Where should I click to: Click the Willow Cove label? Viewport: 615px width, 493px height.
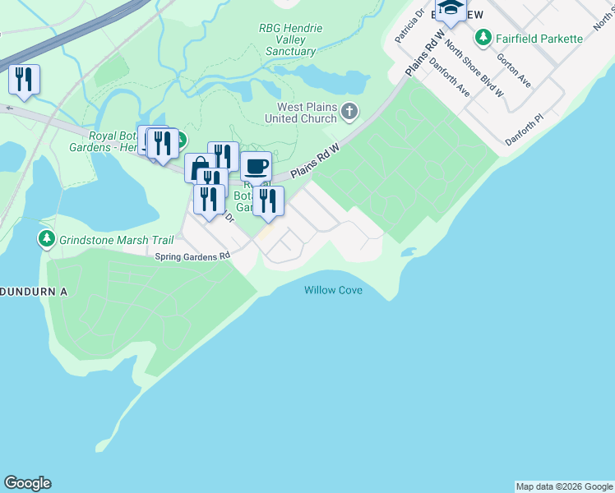[x=333, y=291]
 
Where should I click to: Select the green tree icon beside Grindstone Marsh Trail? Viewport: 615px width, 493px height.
[x=46, y=239]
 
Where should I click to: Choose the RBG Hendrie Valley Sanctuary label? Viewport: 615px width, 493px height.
[x=291, y=39]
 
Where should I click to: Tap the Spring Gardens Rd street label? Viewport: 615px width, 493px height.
[x=193, y=256]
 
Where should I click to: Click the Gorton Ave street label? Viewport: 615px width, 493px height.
[x=513, y=69]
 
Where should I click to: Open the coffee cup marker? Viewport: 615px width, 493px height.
[x=256, y=166]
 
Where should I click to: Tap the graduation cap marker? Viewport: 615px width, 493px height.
[x=451, y=9]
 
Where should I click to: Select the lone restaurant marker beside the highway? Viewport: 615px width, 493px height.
[x=24, y=80]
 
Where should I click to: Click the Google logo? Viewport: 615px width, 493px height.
[x=27, y=483]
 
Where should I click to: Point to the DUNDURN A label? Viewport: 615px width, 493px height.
[x=31, y=292]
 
